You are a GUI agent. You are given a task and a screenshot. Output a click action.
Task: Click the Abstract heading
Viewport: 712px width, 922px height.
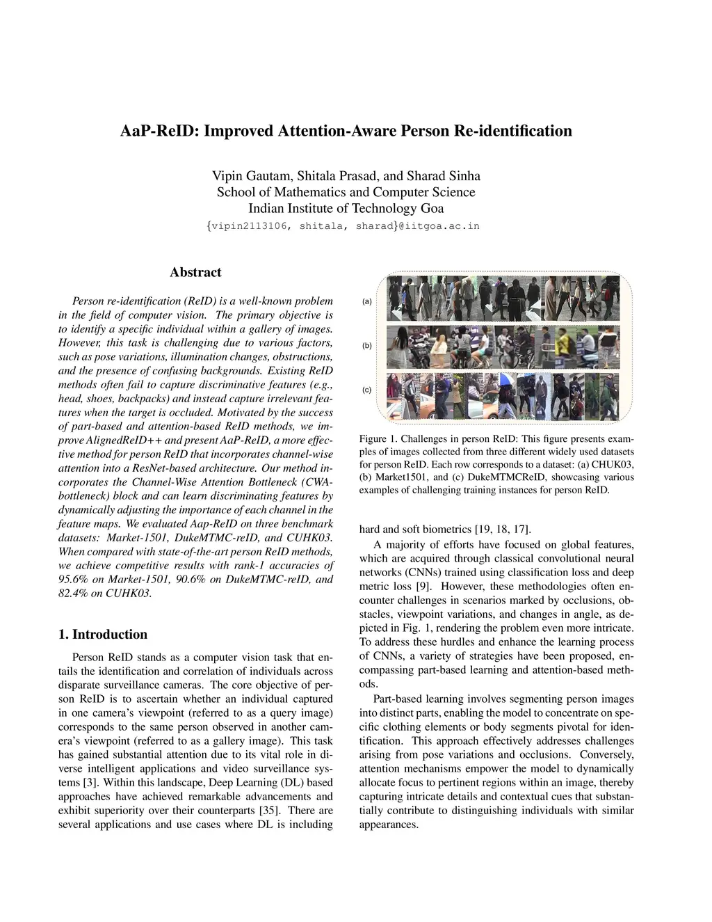point(195,272)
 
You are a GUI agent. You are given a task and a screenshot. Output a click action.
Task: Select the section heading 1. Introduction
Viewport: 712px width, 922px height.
point(103,634)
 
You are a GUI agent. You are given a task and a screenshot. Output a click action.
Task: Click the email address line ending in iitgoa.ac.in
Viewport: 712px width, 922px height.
point(346,225)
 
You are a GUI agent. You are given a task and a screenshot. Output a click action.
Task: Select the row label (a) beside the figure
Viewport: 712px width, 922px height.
point(367,301)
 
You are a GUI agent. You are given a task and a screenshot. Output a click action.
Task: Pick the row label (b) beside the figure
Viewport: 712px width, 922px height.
point(367,346)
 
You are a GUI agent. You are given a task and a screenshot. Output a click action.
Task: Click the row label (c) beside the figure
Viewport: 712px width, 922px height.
point(367,390)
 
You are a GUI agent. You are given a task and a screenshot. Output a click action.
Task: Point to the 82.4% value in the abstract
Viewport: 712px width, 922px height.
point(73,593)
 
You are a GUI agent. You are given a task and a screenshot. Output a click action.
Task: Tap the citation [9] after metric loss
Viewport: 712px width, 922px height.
point(423,586)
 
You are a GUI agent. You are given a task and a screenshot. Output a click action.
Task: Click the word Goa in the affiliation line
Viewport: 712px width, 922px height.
point(431,208)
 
